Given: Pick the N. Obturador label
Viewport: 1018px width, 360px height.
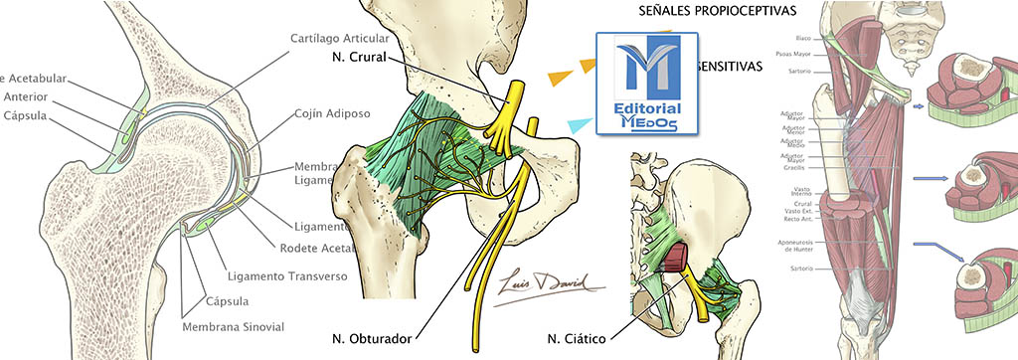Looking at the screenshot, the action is tap(375, 339).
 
